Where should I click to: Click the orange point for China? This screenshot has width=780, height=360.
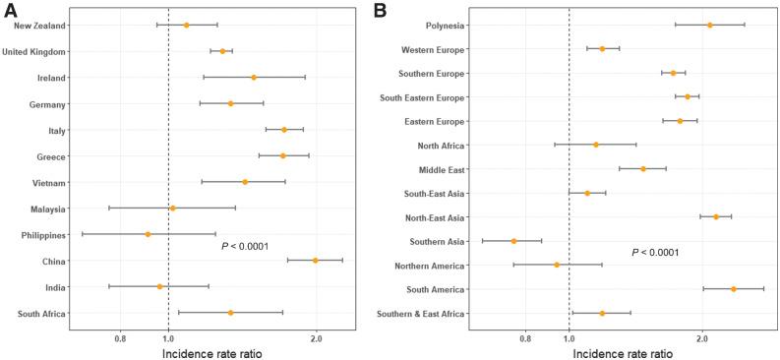coord(316,260)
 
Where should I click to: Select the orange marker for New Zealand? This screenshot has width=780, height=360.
coord(186,25)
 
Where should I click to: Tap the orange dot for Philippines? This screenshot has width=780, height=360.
coord(148,234)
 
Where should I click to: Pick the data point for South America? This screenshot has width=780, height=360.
coord(734,289)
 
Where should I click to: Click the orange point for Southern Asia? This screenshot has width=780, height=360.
coord(513,241)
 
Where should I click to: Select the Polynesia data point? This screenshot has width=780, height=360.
coord(710,25)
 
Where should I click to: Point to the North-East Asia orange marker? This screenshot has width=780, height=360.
coord(716,216)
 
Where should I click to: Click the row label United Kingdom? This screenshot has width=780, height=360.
coord(34,51)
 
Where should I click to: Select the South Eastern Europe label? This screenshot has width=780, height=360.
coord(423,97)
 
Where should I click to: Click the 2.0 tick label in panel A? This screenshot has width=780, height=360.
coord(316,338)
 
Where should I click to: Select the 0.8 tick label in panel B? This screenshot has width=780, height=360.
coord(525,338)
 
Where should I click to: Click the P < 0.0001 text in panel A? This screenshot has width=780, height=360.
coord(245,246)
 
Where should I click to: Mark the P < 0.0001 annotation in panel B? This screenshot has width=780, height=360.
coord(655,253)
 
